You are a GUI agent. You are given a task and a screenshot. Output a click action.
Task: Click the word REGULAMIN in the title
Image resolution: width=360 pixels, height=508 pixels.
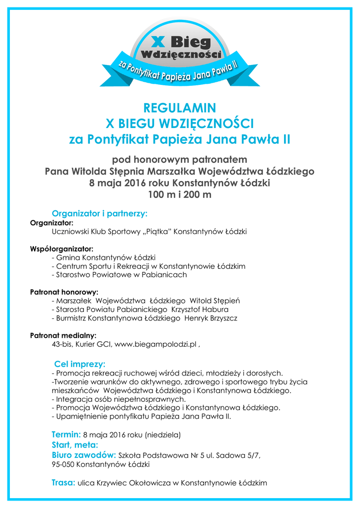point(179,108)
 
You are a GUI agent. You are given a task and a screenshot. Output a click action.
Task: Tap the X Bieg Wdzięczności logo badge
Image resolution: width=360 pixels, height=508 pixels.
point(180,51)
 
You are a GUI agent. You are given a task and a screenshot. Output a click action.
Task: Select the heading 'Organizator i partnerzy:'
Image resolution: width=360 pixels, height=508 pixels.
point(100,214)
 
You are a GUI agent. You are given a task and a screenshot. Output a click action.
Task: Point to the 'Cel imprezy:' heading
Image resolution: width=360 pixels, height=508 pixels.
point(79,364)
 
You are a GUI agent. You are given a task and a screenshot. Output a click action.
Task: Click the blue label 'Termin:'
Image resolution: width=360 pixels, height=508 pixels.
point(67,435)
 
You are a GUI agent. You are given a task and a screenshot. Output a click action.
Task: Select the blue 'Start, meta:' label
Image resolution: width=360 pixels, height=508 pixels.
point(75,445)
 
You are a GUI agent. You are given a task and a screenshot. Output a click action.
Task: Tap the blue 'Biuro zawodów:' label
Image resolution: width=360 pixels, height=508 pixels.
point(84,455)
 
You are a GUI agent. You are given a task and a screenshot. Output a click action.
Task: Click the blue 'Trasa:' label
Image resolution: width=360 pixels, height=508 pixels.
point(64,482)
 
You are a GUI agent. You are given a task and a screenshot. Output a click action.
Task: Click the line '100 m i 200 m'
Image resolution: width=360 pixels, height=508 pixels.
point(179,194)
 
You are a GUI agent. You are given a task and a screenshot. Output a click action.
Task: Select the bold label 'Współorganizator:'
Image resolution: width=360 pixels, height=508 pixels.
point(62,249)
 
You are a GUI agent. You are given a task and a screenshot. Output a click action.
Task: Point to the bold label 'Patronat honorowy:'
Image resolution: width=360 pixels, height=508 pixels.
point(64,292)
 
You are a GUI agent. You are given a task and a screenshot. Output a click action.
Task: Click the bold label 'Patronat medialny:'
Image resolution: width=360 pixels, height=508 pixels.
point(63,335)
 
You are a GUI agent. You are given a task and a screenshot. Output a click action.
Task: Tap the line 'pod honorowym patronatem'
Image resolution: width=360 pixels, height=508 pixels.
point(179,160)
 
